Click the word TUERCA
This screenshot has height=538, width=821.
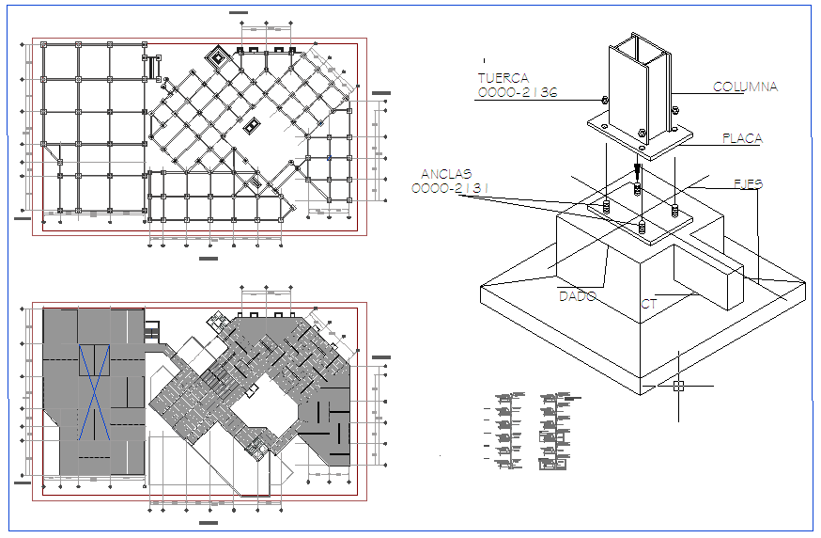point(503,78)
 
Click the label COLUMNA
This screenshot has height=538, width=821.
point(745,87)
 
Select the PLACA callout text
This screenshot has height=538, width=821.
point(742,138)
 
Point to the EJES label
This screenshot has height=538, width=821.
point(749,184)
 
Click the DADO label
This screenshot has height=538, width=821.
point(578,295)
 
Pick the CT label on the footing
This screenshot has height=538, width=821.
point(648,304)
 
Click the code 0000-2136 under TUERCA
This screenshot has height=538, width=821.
point(517,93)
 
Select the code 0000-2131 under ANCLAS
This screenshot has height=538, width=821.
point(451,188)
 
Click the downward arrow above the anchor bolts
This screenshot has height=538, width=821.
point(637,173)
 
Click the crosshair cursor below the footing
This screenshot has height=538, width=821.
point(678,385)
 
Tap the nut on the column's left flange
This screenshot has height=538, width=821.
point(603,100)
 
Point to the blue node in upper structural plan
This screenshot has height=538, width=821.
point(328,158)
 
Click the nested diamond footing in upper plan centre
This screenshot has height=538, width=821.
point(251,125)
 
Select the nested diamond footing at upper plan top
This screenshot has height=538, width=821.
point(219,57)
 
